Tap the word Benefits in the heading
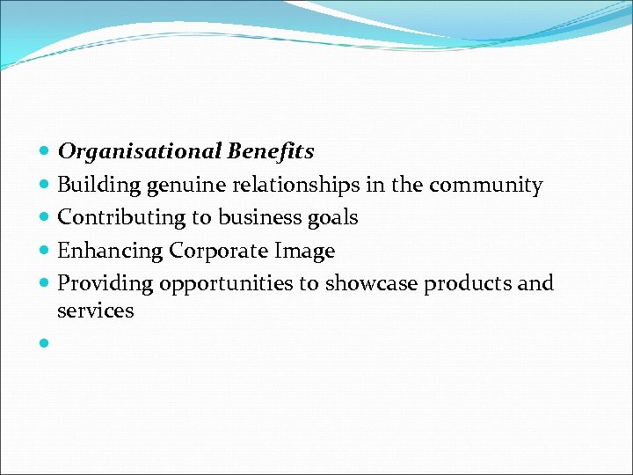point(270,152)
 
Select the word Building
point(98,186)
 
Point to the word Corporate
point(219,252)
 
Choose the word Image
point(305,252)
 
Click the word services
point(95,311)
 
